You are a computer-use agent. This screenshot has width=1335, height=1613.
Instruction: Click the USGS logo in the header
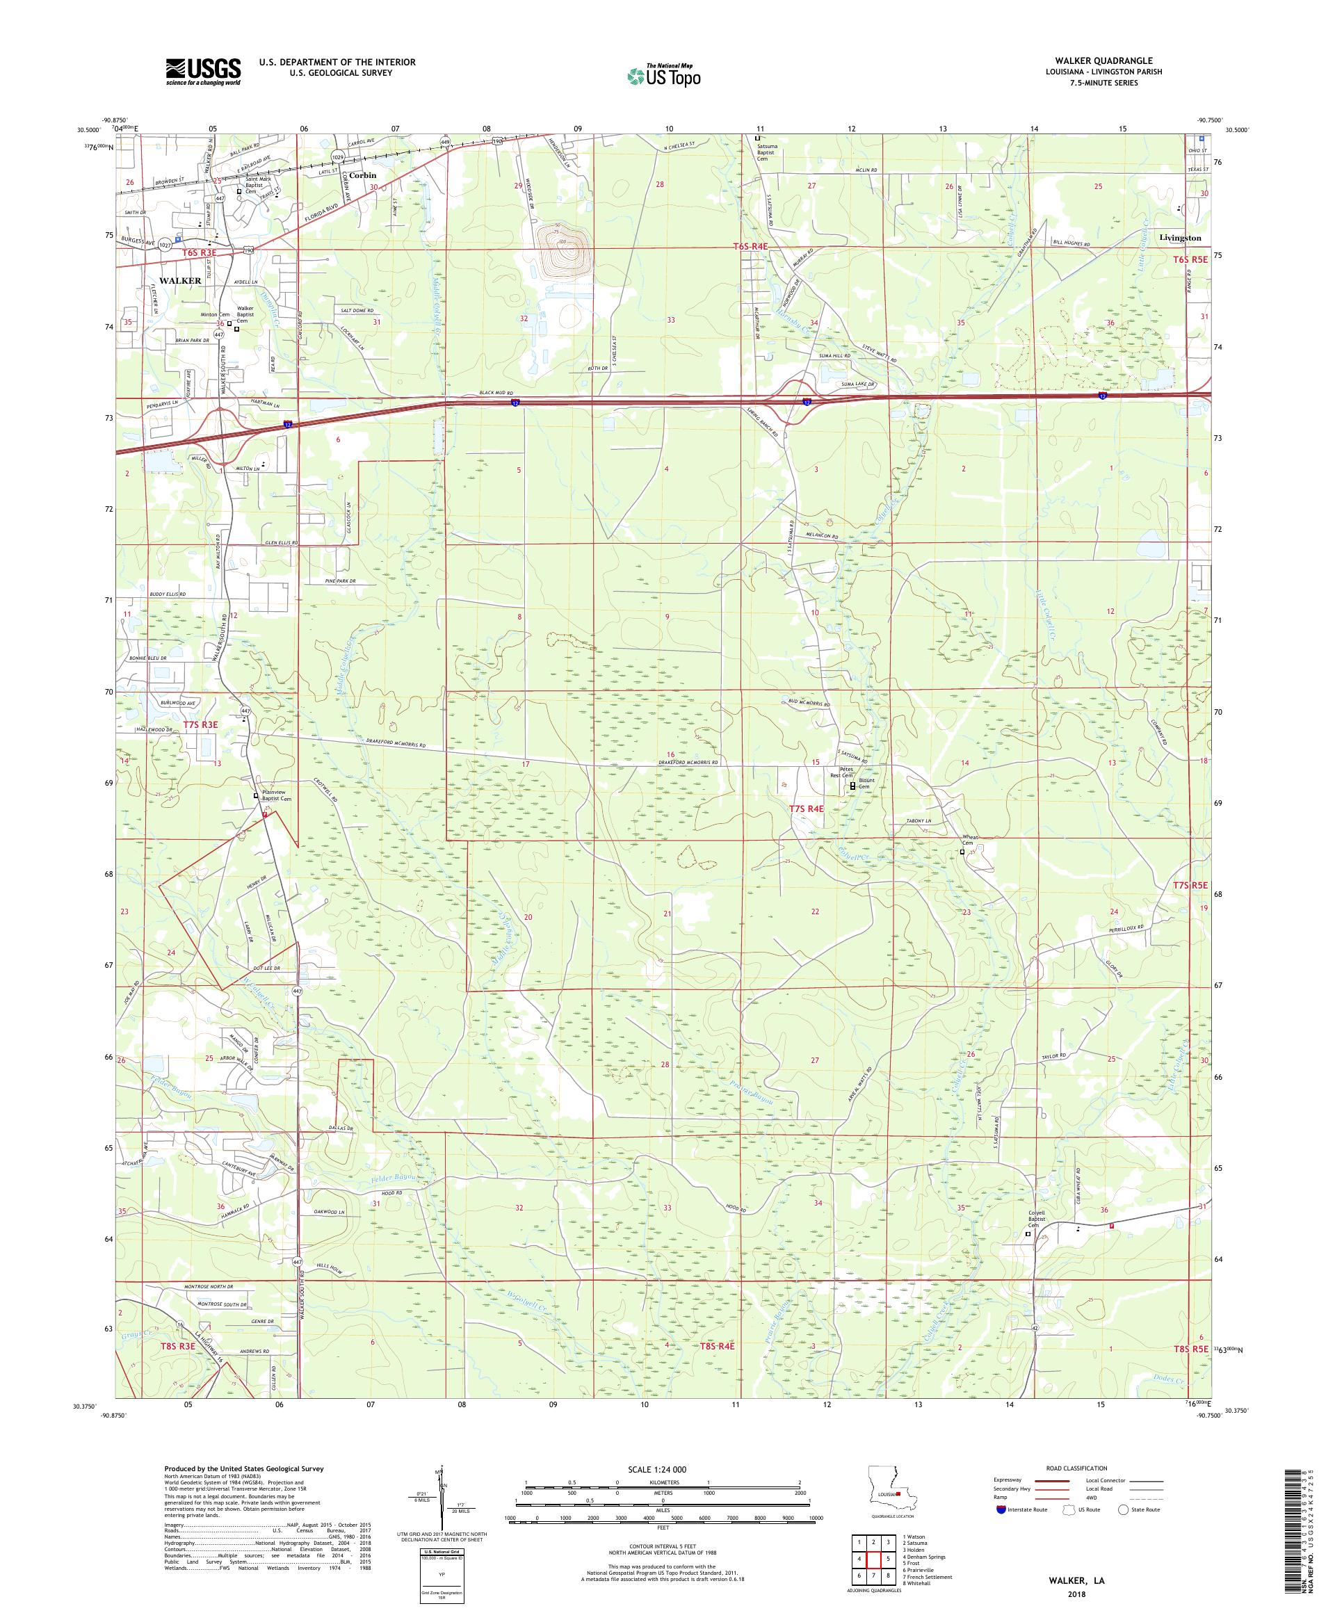(x=203, y=72)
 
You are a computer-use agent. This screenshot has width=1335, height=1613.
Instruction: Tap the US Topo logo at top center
(x=663, y=75)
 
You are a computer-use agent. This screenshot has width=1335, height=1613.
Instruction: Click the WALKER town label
(x=181, y=280)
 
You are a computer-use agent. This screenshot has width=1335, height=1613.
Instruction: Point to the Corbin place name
(x=362, y=175)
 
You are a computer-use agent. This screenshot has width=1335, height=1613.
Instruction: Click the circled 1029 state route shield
(x=337, y=156)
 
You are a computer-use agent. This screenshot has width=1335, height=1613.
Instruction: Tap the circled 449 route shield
(x=444, y=141)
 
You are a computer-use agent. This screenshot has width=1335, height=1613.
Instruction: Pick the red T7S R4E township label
(x=806, y=809)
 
